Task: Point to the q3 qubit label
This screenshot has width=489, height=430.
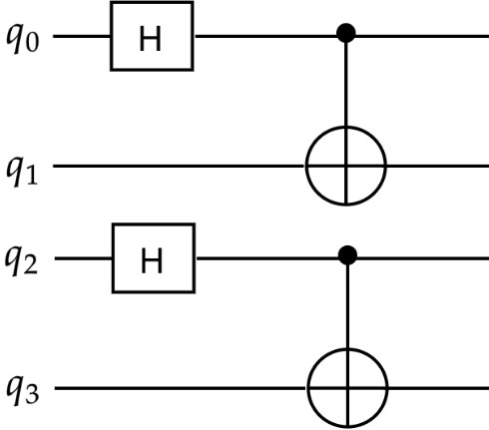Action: point(22,388)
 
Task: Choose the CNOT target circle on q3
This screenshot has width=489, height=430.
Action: point(346,387)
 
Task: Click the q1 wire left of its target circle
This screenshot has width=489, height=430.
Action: point(180,165)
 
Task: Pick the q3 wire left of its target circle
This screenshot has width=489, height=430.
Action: point(180,387)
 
